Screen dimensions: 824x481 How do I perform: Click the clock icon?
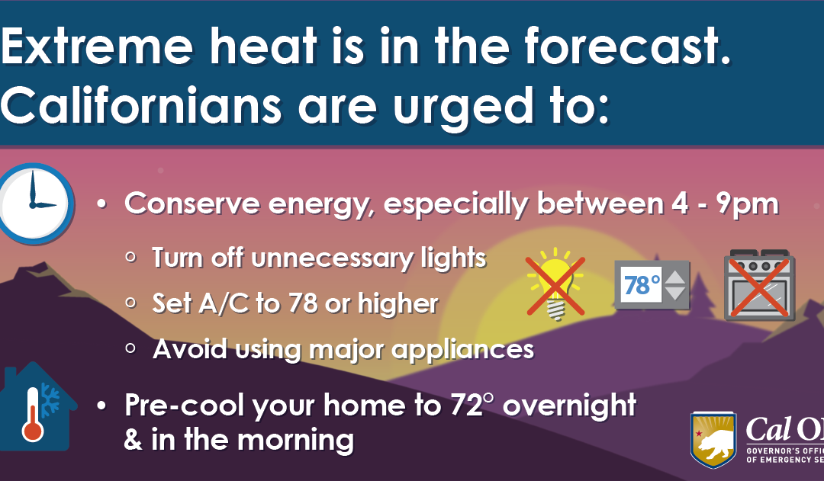(34, 204)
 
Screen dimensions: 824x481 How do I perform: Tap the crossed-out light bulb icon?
(555, 284)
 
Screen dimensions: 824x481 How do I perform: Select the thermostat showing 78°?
(652, 284)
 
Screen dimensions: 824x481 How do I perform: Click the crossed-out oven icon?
(759, 285)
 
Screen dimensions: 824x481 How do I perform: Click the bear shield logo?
(713, 439)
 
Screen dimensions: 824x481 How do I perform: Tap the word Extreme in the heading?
(97, 46)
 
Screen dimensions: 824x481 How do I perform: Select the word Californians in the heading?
(141, 105)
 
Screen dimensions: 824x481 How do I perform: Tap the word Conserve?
(192, 204)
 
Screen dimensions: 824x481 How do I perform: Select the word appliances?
(462, 350)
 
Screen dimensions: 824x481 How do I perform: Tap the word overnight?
(570, 406)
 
